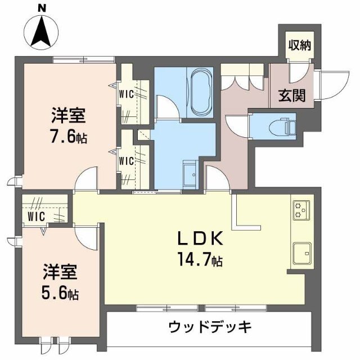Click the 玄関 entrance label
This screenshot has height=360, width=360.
[x=292, y=95]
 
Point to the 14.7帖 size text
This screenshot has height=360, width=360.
[x=201, y=260]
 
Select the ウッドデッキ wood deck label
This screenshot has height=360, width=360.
[x=209, y=327]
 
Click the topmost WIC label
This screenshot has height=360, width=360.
[x=126, y=94]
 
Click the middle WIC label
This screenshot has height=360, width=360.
[x=126, y=161]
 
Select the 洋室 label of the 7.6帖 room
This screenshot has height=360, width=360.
[x=68, y=116]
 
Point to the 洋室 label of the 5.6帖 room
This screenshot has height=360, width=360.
[x=60, y=272]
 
